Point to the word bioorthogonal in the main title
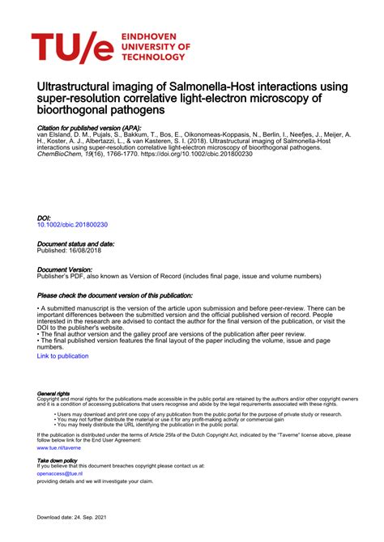(74, 108)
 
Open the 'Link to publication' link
(63, 356)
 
